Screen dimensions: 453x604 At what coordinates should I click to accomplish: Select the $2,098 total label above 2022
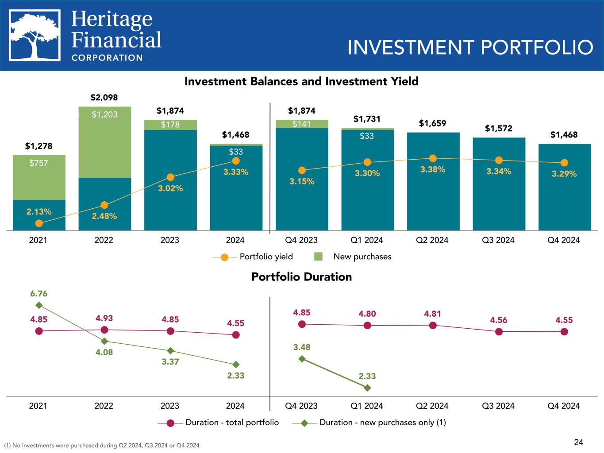tap(104, 97)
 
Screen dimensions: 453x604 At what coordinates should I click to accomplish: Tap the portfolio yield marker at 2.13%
tap(39, 223)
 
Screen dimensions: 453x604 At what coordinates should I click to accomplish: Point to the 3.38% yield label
tap(432, 169)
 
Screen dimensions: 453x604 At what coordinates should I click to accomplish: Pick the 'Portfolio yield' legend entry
tap(252, 257)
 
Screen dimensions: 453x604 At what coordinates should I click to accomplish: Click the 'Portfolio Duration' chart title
tap(301, 277)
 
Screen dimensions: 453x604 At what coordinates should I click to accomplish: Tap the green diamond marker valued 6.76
tap(39, 305)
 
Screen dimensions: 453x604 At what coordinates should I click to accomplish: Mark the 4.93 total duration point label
tap(104, 318)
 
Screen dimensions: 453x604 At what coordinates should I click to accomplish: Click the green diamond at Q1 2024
tap(367, 388)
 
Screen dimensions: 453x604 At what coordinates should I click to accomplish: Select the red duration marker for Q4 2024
tap(564, 331)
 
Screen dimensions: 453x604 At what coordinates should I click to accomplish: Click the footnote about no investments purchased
tap(101, 445)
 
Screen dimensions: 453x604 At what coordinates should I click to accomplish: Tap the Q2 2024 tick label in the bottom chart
tap(432, 406)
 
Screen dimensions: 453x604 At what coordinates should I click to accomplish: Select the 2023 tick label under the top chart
tap(169, 240)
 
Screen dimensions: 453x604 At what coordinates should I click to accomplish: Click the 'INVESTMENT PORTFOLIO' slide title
tap(470, 47)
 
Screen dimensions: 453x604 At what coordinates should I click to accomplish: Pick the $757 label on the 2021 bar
tap(39, 163)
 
